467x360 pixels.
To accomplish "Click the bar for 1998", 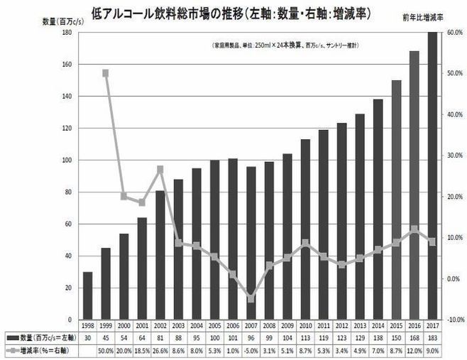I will click(x=87, y=295).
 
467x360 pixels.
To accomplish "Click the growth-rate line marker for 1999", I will click(x=105, y=72).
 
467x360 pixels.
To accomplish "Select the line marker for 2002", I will click(x=160, y=169).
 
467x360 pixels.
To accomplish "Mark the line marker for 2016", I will click(x=413, y=229).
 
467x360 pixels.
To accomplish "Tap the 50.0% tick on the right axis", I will click(x=454, y=73).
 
